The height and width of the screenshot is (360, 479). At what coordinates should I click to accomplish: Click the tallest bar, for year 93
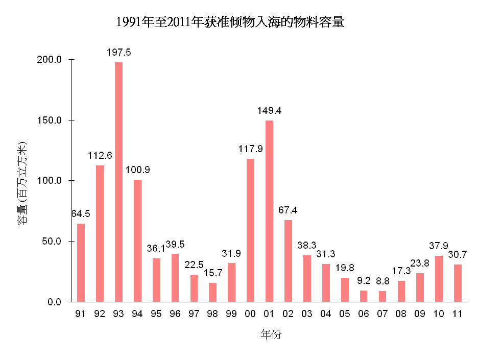pos(118,182)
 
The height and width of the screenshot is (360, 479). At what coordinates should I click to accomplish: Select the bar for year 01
pos(269,211)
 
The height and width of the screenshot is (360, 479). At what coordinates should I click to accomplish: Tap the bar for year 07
pos(382,296)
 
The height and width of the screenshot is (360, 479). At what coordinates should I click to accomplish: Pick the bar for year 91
pos(81,262)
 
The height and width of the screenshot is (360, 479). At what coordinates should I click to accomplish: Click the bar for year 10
pos(439,278)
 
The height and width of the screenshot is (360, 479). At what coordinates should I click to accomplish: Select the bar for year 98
pos(212,292)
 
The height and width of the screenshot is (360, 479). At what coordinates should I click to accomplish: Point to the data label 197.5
pos(118,53)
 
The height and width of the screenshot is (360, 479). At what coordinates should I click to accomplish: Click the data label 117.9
pos(250,149)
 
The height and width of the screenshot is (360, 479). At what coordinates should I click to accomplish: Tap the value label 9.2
pos(363,280)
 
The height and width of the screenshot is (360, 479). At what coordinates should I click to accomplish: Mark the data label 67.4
pos(288,210)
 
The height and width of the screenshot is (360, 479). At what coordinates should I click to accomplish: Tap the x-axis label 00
pos(250,314)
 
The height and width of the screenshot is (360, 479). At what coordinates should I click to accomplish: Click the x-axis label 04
pos(326,314)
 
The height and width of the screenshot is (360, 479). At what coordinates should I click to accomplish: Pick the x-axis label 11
pos(458,314)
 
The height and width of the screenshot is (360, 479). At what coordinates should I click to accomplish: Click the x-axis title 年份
pos(271,335)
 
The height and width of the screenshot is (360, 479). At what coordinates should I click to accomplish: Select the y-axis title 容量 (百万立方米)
pos(22,184)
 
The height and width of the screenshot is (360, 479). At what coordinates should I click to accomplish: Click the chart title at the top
pos(230,22)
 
